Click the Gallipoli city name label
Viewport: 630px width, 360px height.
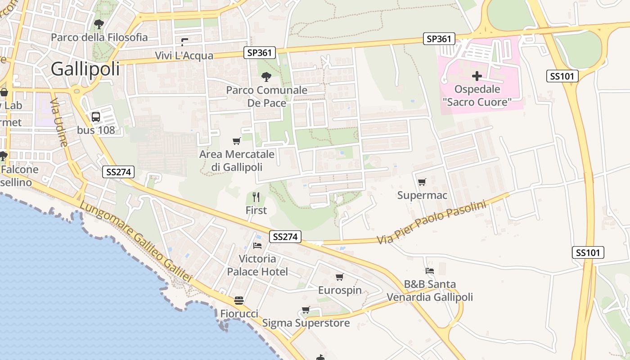[85, 69]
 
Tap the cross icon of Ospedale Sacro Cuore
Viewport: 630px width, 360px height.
[477, 76]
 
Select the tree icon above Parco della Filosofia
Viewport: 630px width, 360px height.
[99, 24]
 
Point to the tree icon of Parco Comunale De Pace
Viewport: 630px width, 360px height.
[266, 77]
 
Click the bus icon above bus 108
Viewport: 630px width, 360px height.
[96, 117]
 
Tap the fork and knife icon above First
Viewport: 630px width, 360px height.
[256, 197]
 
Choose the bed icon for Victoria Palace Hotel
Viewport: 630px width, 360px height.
[257, 246]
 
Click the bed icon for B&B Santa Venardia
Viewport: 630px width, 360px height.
[430, 271]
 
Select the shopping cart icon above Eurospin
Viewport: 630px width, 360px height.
[340, 277]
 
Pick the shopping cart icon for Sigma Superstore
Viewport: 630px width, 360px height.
[306, 310]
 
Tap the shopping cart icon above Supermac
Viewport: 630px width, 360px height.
[422, 182]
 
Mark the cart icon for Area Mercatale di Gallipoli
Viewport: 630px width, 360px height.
[237, 141]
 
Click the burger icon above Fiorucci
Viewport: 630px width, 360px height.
[239, 301]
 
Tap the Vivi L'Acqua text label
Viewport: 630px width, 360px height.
[184, 55]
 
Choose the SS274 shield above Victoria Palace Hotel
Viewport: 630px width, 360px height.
[285, 237]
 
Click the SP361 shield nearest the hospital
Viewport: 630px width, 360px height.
[439, 39]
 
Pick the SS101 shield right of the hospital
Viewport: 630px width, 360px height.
[562, 76]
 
